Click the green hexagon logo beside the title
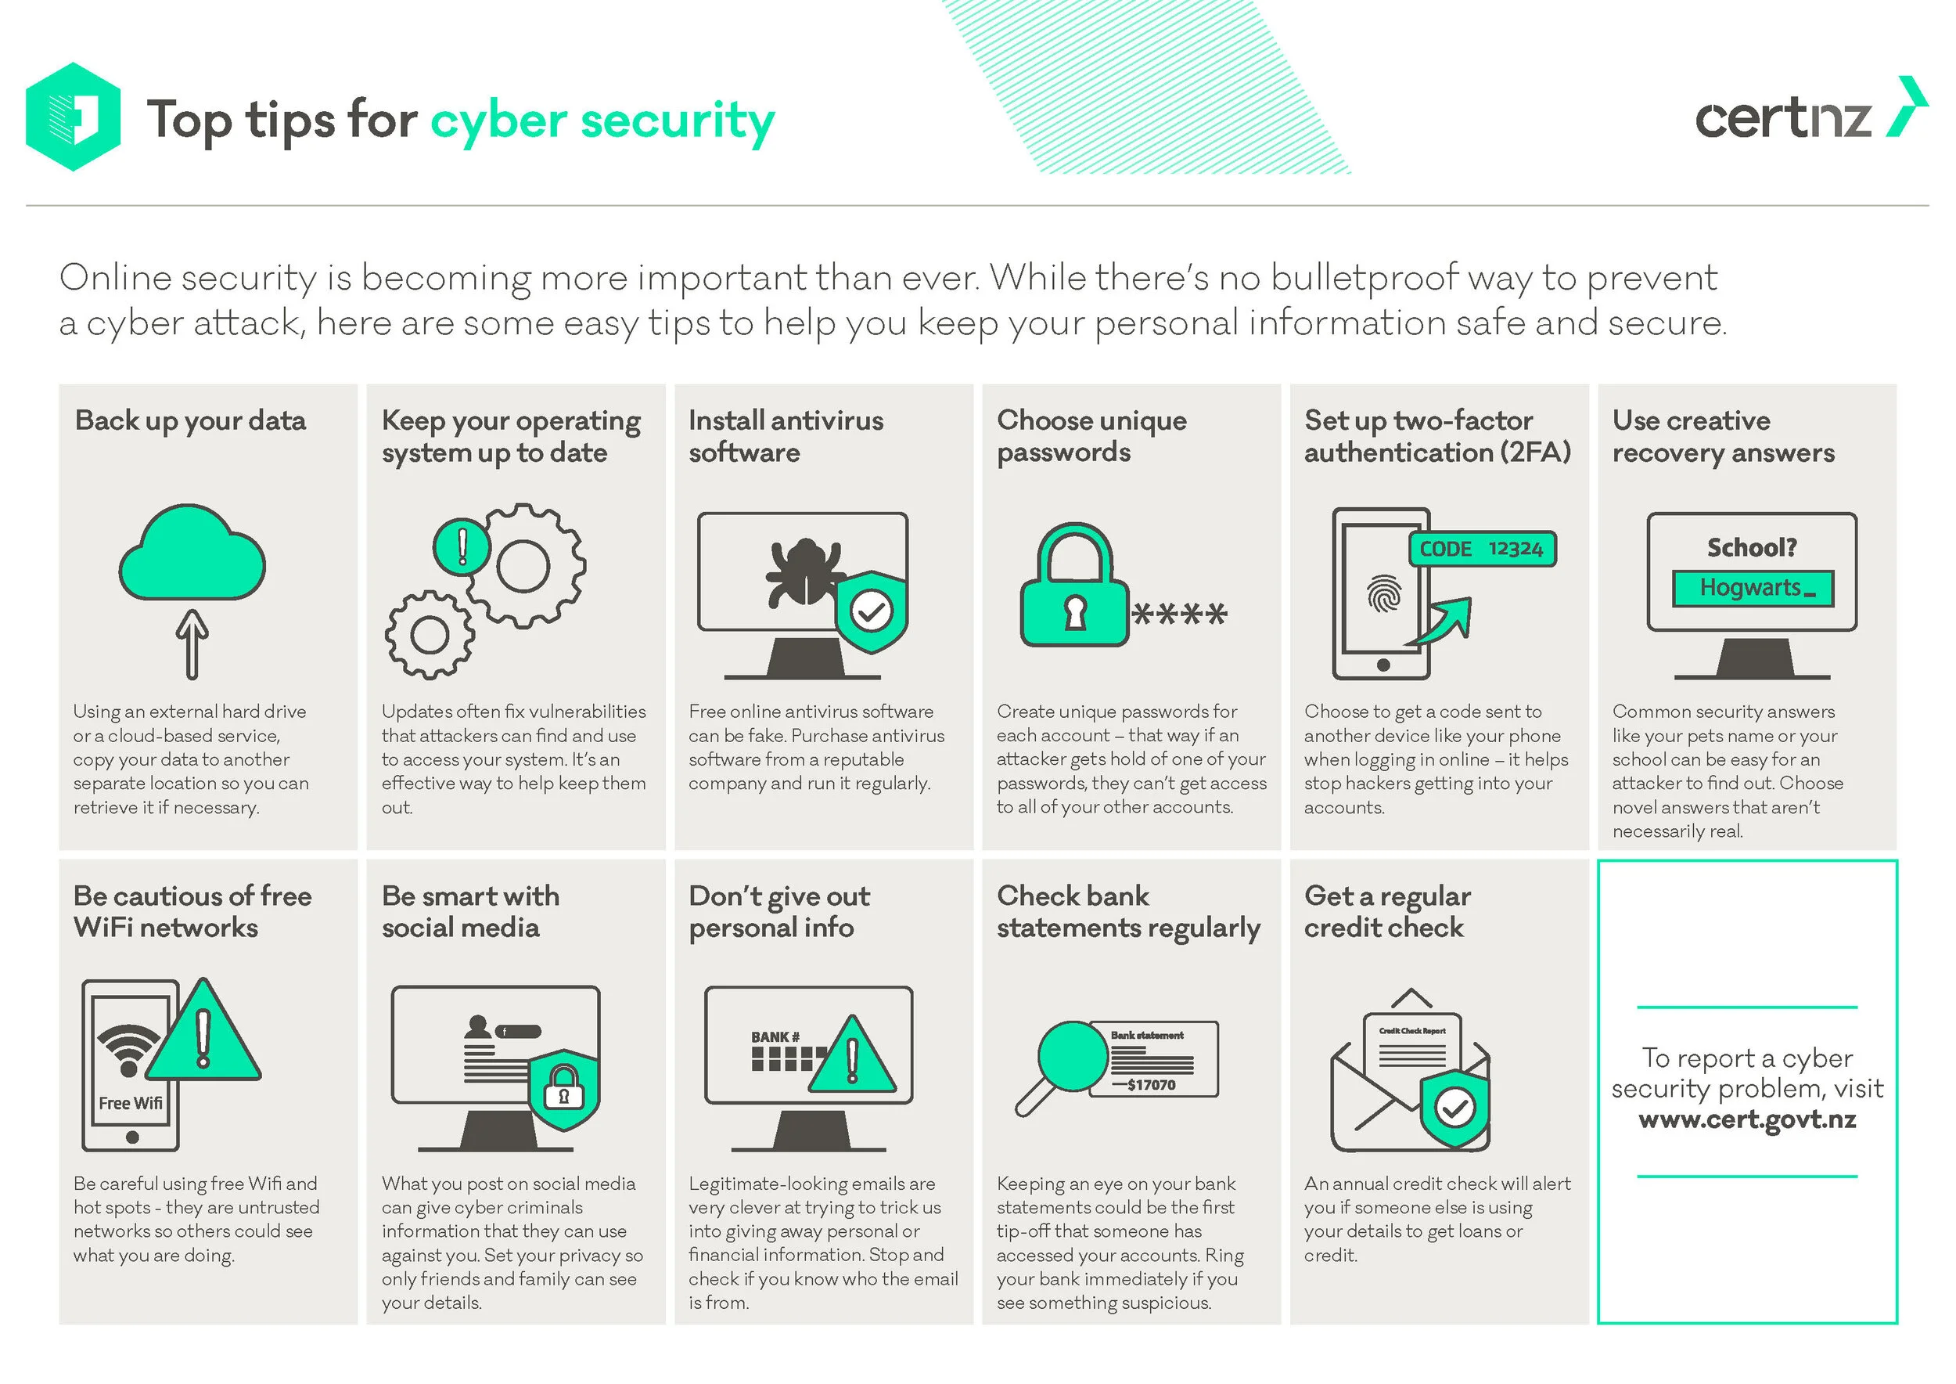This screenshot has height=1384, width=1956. click(74, 117)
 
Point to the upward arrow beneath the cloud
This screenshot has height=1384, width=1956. click(192, 643)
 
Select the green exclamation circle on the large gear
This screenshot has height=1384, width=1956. click(462, 546)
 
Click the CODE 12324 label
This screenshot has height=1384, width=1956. click(1482, 549)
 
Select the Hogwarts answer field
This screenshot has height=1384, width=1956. click(1752, 588)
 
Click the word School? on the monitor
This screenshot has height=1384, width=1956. click(1752, 547)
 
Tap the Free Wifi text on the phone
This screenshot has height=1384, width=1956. click(131, 1103)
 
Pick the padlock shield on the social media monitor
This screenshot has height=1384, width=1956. click(563, 1090)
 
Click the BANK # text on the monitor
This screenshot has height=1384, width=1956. click(775, 1037)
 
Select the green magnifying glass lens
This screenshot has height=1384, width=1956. click(1072, 1056)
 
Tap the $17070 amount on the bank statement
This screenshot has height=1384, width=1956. click(1150, 1085)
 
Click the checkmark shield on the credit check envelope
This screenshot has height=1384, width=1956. click(1455, 1108)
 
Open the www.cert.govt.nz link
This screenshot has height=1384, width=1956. click(1746, 1119)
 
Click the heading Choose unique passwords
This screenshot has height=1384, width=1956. click(1091, 435)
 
